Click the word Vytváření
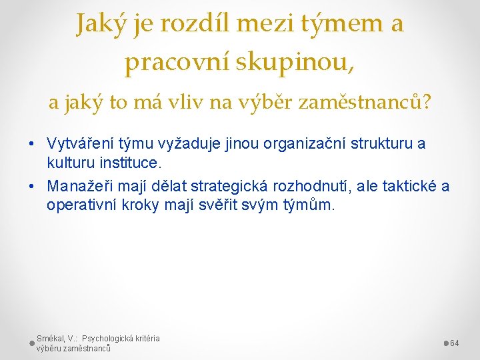pyautogui.click(x=79, y=143)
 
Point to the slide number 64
pyautogui.click(x=455, y=343)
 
